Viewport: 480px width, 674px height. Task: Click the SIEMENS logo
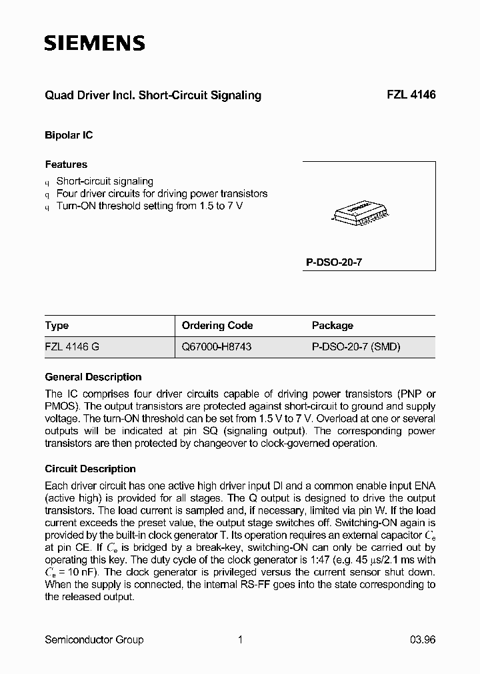pyautogui.click(x=95, y=44)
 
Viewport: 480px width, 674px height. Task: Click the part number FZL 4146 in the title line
pyautogui.click(x=411, y=95)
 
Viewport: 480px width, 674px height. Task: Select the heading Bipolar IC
pyautogui.click(x=69, y=135)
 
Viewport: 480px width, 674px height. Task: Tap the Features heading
pyautogui.click(x=66, y=165)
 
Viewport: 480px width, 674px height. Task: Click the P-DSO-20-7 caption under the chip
pyautogui.click(x=334, y=262)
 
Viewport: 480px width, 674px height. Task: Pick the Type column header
pyautogui.click(x=57, y=326)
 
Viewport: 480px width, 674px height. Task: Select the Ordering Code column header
pyautogui.click(x=217, y=326)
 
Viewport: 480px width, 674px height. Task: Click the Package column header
pyautogui.click(x=333, y=326)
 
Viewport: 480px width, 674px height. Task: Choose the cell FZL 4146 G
pyautogui.click(x=73, y=347)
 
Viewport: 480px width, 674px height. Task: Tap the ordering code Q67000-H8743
pyautogui.click(x=217, y=347)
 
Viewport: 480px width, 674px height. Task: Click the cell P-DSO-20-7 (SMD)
pyautogui.click(x=356, y=347)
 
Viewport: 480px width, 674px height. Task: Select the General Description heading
pyautogui.click(x=93, y=377)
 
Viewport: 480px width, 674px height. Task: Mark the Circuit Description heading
pyautogui.click(x=90, y=469)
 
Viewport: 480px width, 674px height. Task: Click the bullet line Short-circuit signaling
pyautogui.click(x=105, y=181)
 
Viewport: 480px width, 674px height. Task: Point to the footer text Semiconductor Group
pyautogui.click(x=94, y=640)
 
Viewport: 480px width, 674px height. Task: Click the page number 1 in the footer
pyautogui.click(x=240, y=640)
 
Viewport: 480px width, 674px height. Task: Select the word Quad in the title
pyautogui.click(x=58, y=95)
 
